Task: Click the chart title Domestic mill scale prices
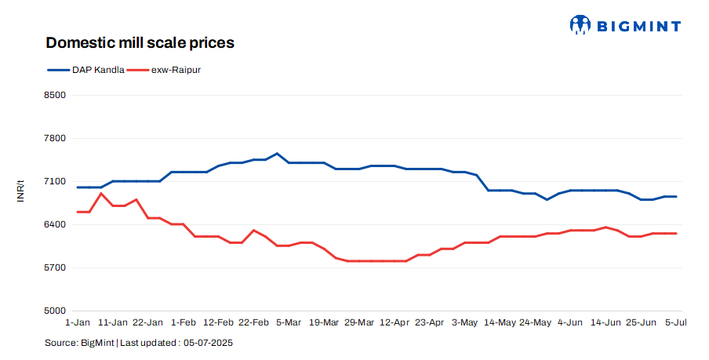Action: [140, 42]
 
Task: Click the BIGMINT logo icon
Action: [580, 25]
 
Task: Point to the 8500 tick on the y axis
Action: [54, 96]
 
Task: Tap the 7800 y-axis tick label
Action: [54, 139]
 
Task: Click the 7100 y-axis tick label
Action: [54, 182]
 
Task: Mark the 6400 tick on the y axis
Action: [54, 225]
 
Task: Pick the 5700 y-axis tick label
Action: [54, 268]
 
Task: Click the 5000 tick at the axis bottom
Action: [54, 311]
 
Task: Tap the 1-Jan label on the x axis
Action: [78, 322]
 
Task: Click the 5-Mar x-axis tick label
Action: [288, 322]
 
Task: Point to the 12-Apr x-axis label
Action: [394, 322]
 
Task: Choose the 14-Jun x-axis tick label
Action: [605, 322]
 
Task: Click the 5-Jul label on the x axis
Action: [676, 322]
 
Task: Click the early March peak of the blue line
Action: [277, 154]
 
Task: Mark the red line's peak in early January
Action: [101, 193]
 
